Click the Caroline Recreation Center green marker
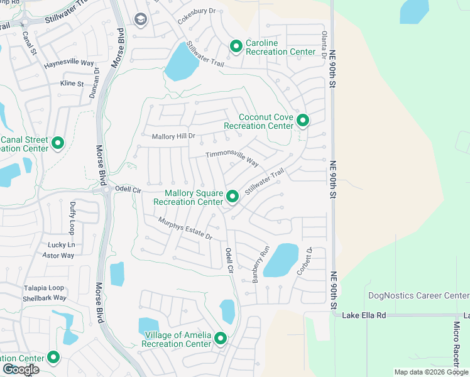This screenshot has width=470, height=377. pyautogui.click(x=236, y=46)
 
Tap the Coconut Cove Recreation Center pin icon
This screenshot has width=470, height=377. pyautogui.click(x=303, y=120)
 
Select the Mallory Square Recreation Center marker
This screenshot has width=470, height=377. pyautogui.click(x=232, y=197)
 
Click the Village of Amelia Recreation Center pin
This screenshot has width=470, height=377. pyautogui.click(x=221, y=339)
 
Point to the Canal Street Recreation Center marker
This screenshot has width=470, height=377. pyautogui.click(x=58, y=143)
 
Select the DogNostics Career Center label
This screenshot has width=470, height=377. pyautogui.click(x=417, y=295)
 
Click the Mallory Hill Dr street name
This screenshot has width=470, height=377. pyautogui.click(x=174, y=136)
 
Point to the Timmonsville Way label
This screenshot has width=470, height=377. pyautogui.click(x=232, y=158)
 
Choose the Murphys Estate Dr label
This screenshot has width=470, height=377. pyautogui.click(x=185, y=228)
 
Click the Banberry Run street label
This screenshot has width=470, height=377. pyautogui.click(x=261, y=264)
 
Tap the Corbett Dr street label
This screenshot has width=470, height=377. pyautogui.click(x=309, y=259)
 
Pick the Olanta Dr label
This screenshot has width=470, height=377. pyautogui.click(x=324, y=45)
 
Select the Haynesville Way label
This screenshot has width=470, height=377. pyautogui.click(x=68, y=63)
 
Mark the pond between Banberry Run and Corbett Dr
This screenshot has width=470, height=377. pyautogui.click(x=280, y=260)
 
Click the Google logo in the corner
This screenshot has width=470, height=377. pyautogui.click(x=21, y=369)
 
